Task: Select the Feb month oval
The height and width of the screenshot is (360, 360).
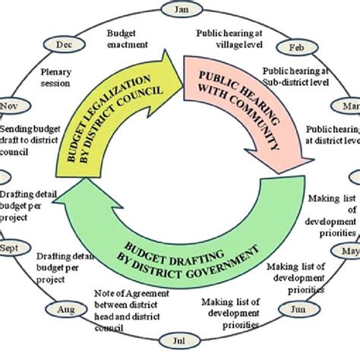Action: (x=296, y=47)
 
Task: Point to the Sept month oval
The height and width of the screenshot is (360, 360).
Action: (x=11, y=248)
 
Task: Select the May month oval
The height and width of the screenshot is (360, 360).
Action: (x=351, y=251)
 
